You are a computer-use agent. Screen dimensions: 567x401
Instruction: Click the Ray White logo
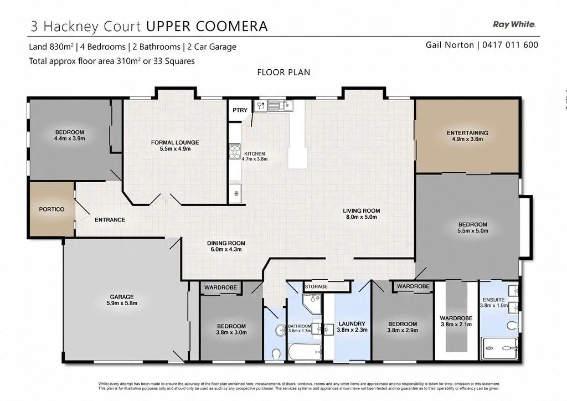coord(514,24)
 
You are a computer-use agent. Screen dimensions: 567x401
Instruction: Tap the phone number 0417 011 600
coord(510,45)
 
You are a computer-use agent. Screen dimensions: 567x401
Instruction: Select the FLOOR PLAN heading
coord(283,73)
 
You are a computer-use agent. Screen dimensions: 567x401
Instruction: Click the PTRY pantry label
coord(240,110)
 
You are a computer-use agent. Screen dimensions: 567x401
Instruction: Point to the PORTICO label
coord(51,209)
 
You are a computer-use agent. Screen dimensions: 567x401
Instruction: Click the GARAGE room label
coord(122,297)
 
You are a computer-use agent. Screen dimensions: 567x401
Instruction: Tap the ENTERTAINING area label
coord(467,133)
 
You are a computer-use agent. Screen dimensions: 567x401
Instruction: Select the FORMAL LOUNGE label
coord(175,142)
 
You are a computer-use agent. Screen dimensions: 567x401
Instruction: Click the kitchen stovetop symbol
coord(235,152)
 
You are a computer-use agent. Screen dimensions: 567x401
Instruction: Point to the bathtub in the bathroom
coord(305,352)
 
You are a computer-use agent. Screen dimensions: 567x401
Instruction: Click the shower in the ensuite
coord(500,348)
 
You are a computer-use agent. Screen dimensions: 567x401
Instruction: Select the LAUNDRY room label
coord(352,323)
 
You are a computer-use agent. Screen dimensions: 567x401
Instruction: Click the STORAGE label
coord(316,286)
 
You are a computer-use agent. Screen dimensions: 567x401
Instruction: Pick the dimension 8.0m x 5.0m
coord(362,217)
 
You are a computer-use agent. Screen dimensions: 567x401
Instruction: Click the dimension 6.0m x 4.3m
coord(226,249)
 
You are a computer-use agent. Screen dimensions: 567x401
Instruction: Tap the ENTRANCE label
coord(110,220)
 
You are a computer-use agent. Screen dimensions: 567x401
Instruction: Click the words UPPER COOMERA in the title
coord(207,27)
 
